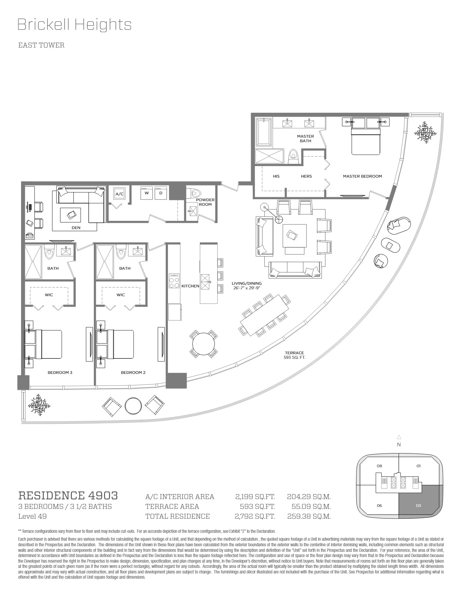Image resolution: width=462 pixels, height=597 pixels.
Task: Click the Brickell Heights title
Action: coord(74,25)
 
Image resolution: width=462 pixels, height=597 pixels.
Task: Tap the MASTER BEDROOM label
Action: coord(362,176)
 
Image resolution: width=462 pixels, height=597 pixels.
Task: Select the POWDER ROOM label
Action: coord(205,202)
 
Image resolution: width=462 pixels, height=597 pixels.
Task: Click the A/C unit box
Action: coord(119,194)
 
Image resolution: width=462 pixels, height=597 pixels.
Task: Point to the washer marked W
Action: coord(147,193)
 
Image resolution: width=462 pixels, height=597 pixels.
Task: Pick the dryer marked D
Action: coord(161,193)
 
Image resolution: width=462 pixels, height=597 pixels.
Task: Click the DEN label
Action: coord(76,228)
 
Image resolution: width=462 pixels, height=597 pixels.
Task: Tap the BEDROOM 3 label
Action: coord(60,373)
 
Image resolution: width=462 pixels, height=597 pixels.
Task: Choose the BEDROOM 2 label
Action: coord(133,373)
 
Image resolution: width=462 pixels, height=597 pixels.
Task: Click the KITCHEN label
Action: coord(190,286)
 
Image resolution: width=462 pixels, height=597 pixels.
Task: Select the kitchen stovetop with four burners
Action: coord(174,281)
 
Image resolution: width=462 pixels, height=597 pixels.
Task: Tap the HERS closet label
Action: coord(306,176)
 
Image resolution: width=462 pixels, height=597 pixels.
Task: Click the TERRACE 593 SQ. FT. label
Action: coord(294,355)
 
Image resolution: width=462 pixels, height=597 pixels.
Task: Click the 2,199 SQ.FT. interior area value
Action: coord(255,497)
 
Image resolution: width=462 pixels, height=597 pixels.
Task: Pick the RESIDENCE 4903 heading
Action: coord(68,495)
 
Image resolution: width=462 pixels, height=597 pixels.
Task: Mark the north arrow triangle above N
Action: coord(399,437)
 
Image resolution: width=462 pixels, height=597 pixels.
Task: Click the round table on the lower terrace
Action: coord(133,406)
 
